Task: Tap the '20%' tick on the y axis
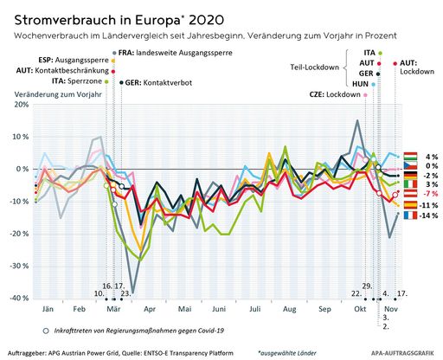pyautogui.click(x=20, y=105)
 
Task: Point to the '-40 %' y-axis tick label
pyautogui.click(x=18, y=298)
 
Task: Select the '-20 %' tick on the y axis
pyautogui.click(x=18, y=234)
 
